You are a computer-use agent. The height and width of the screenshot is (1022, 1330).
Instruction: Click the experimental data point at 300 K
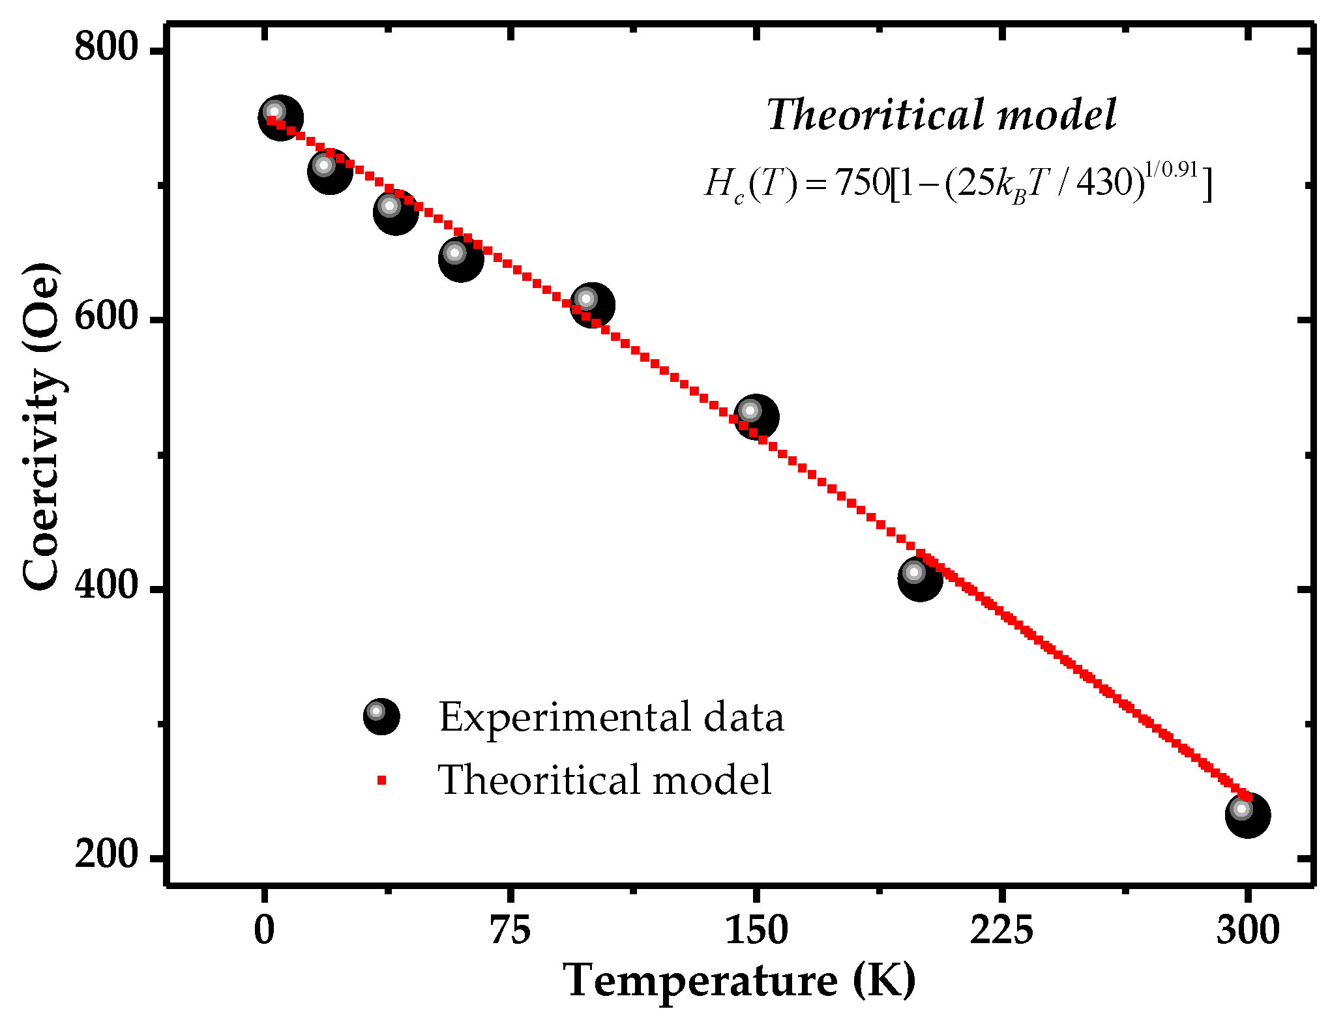click(1247, 815)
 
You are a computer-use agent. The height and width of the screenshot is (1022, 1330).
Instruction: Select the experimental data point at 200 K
click(920, 578)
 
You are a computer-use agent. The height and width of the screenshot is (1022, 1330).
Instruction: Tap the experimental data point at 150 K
click(756, 416)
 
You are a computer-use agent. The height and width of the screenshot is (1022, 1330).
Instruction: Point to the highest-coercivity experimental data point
click(280, 118)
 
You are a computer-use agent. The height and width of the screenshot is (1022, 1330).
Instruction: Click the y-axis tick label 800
click(107, 47)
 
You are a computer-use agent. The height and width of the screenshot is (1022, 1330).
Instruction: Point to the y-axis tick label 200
click(107, 854)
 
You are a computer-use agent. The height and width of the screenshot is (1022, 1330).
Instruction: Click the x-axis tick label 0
click(264, 930)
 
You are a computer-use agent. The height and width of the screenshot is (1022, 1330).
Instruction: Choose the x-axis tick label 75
click(510, 930)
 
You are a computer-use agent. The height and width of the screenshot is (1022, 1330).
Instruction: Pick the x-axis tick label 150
click(756, 930)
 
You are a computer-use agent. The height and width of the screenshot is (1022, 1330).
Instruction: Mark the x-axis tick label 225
click(1001, 930)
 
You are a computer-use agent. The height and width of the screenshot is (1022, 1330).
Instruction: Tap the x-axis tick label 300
click(1247, 930)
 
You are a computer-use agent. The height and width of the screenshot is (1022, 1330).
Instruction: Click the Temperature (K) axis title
click(739, 981)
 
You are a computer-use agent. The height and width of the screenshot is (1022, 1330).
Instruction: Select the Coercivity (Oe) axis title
click(40, 427)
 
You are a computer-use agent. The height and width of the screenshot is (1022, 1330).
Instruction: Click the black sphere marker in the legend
click(381, 716)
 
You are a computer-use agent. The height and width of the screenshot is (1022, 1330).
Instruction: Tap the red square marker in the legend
click(382, 780)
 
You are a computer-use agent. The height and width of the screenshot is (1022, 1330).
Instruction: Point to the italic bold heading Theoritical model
click(941, 115)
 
